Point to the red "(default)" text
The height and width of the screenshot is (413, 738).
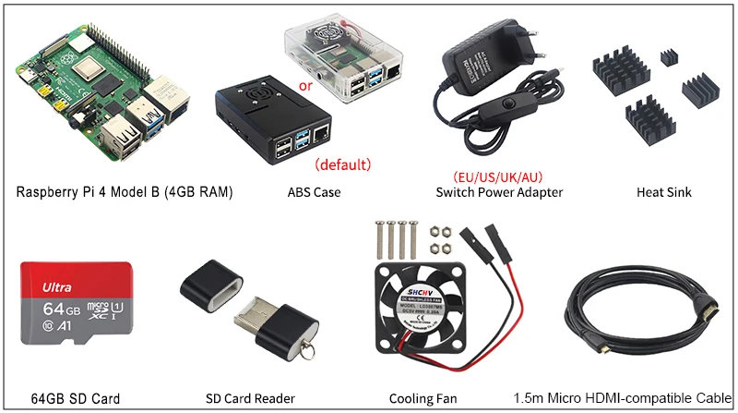pos(343,166)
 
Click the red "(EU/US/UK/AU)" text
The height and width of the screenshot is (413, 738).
pos(498,176)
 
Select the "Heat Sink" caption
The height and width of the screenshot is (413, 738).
pos(663,192)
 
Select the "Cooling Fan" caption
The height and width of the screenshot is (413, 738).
pos(423,399)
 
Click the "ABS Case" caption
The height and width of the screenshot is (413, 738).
pos(315,192)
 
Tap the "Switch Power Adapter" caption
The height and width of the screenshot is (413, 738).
pos(499,192)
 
